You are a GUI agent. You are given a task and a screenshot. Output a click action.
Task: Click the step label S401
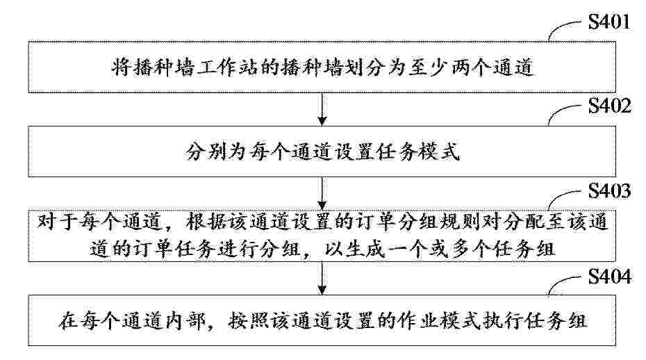click(x=609, y=22)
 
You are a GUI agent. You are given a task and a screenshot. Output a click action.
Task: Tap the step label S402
click(x=609, y=106)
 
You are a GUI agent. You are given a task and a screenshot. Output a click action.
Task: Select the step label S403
click(x=609, y=191)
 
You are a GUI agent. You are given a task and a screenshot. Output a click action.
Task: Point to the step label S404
click(x=609, y=276)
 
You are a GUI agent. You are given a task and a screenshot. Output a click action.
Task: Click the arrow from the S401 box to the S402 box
click(x=322, y=109)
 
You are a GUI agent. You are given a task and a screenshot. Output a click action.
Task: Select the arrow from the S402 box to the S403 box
click(x=322, y=193)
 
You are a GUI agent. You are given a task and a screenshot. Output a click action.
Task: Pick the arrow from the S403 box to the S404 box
click(x=322, y=278)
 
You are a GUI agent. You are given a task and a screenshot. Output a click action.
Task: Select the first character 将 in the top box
click(x=121, y=67)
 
